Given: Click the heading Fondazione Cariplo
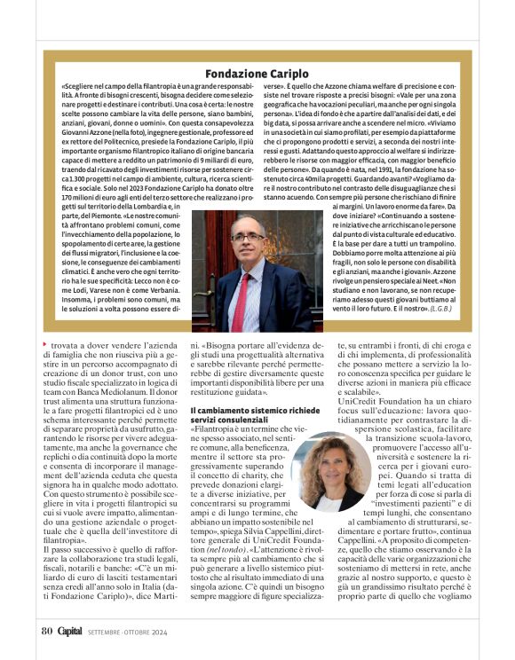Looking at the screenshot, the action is (x=257, y=73).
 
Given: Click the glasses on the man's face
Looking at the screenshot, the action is (x=246, y=238).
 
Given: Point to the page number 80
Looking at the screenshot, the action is (x=47, y=632).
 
